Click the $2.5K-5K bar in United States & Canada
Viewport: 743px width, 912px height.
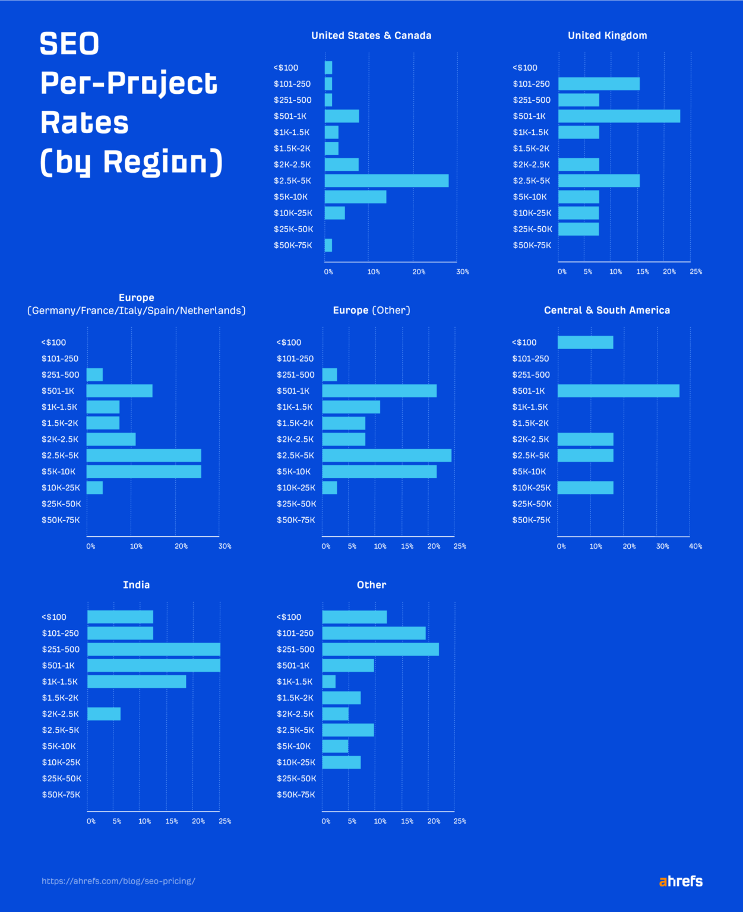386,180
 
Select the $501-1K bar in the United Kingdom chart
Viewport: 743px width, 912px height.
619,116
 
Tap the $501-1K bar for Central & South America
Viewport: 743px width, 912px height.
618,391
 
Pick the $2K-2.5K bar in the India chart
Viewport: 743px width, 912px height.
104,714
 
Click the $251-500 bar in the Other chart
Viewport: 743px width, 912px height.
380,649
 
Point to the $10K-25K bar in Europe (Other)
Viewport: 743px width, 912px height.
330,487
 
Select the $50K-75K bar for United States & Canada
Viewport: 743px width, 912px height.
328,245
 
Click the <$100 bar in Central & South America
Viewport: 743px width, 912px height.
585,343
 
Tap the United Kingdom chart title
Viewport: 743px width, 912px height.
607,36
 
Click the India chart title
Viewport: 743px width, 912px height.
136,585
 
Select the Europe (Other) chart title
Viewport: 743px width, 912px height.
371,310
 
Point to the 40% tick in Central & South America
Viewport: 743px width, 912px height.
695,546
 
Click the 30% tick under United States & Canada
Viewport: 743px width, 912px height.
462,272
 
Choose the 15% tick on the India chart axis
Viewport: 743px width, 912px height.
171,821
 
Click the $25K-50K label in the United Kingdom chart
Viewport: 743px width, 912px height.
532,229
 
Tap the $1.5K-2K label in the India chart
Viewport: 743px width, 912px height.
60,698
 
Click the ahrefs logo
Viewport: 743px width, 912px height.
681,881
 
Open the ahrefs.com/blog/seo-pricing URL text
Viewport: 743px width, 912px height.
118,881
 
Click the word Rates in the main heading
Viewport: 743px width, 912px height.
84,123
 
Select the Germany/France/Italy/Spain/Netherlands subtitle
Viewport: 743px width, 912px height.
136,311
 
